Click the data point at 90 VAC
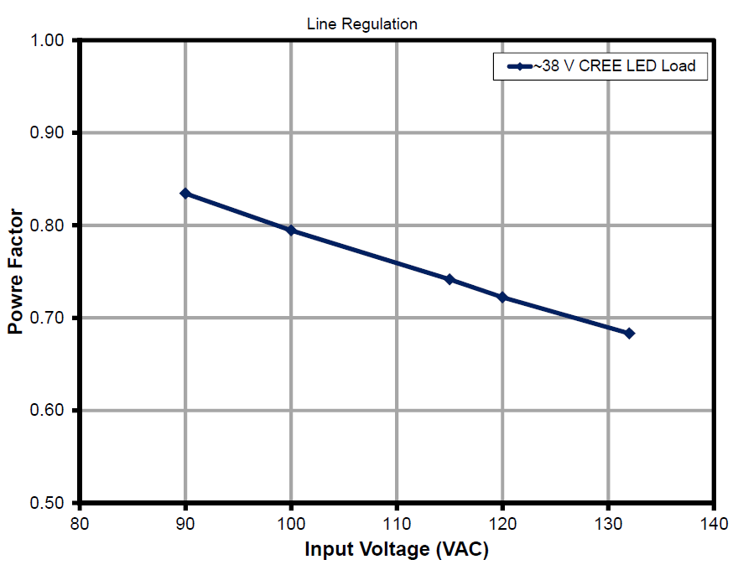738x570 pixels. pyautogui.click(x=185, y=194)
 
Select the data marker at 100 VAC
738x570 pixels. pyautogui.click(x=291, y=231)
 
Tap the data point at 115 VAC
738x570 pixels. pyautogui.click(x=450, y=279)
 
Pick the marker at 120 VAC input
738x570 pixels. pyautogui.click(x=502, y=298)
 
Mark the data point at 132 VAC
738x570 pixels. pyautogui.click(x=629, y=334)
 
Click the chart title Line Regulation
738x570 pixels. pyautogui.click(x=362, y=24)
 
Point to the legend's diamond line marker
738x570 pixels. pyautogui.click(x=517, y=66)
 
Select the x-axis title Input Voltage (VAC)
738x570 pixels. pyautogui.click(x=396, y=550)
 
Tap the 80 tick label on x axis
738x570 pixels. pyautogui.click(x=79, y=525)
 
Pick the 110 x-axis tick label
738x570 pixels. pyautogui.click(x=397, y=525)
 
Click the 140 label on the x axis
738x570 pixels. pyautogui.click(x=714, y=525)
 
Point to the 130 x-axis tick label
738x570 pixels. pyautogui.click(x=608, y=525)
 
